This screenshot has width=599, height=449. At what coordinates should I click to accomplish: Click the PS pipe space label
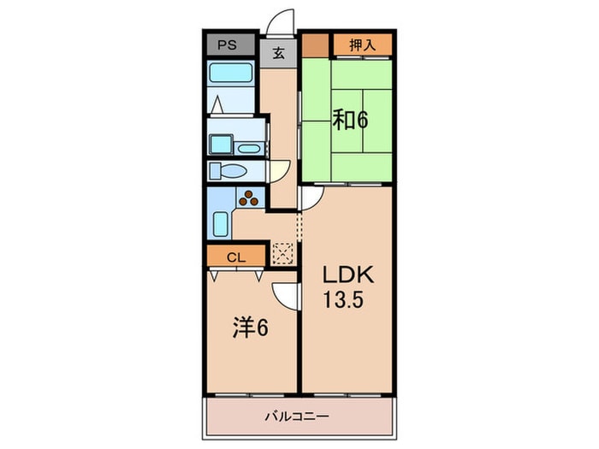click(227, 45)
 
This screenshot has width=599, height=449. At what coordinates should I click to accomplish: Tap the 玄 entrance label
click(278, 53)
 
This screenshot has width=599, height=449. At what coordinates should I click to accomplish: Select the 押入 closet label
click(363, 45)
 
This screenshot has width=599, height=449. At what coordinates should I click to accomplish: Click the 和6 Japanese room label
click(350, 119)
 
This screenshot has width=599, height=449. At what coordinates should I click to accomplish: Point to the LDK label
click(348, 275)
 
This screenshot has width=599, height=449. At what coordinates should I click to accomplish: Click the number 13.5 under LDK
click(342, 299)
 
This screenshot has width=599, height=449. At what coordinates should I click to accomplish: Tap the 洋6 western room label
click(250, 328)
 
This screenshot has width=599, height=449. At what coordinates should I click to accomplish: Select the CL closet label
click(236, 257)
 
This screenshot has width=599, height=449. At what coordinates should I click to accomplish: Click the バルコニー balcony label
click(297, 416)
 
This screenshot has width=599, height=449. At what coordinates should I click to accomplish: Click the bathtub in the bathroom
click(231, 73)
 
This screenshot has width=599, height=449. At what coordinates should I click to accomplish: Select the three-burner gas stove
click(249, 198)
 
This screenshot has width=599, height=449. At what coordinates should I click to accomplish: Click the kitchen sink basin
click(220, 224)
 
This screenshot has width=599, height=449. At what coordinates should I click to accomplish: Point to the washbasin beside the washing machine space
click(249, 149)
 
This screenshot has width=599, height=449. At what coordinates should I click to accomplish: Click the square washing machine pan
click(221, 145)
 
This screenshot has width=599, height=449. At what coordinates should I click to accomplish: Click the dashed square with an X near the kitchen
click(282, 253)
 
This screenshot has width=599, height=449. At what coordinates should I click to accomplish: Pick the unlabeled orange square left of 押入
click(316, 46)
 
